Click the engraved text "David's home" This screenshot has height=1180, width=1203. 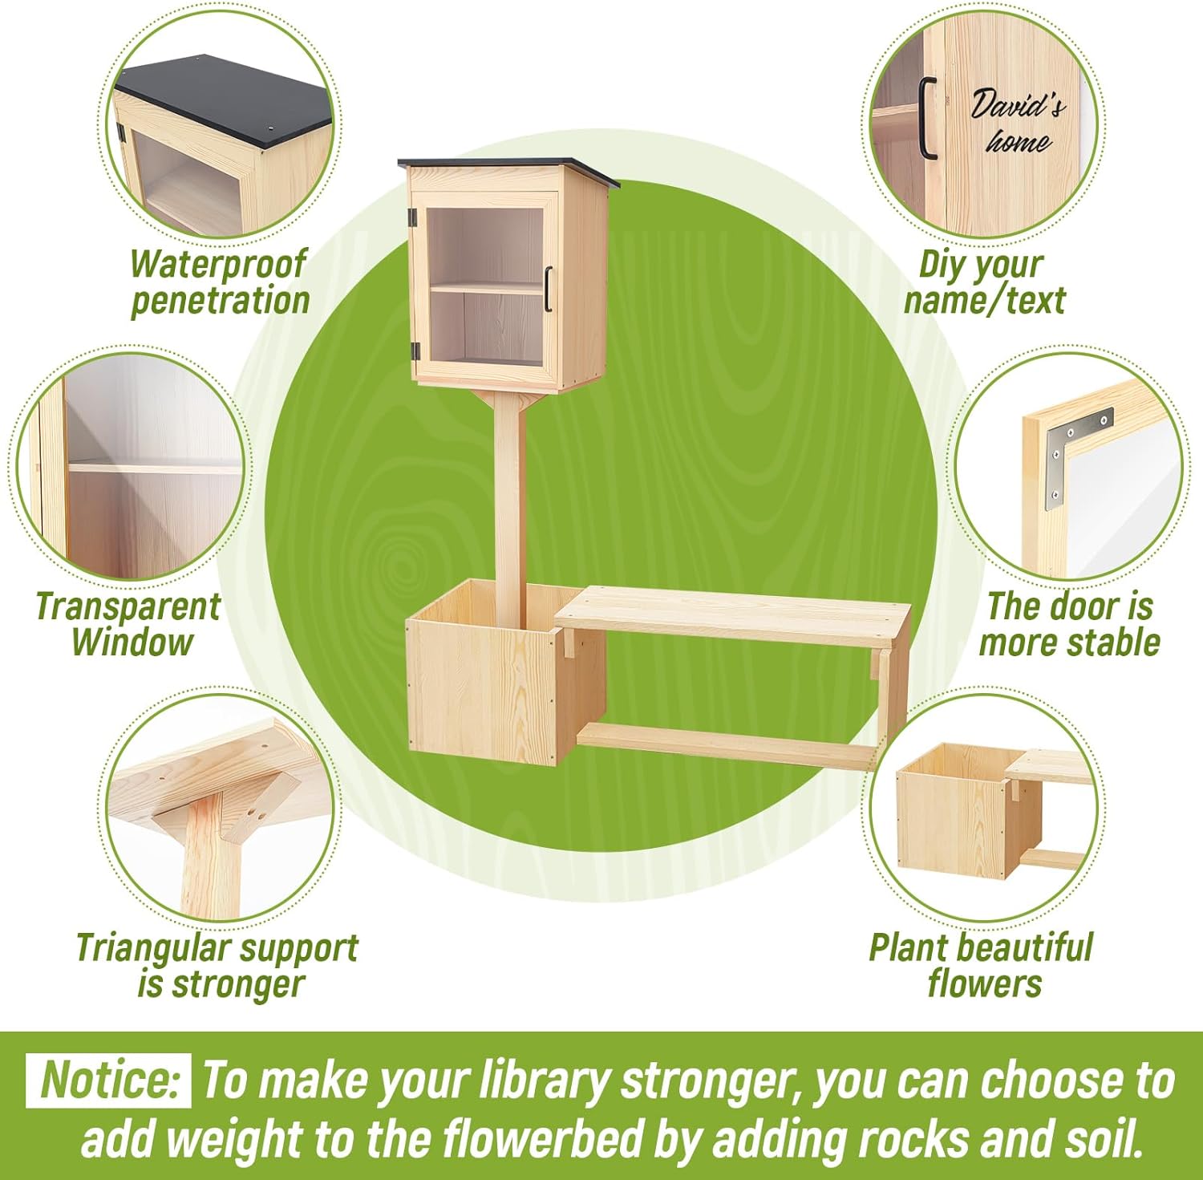point(1017,123)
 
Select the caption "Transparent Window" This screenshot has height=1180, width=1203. point(128,624)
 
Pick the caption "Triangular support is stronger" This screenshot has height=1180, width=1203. point(217,966)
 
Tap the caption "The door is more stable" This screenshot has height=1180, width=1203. point(1069,624)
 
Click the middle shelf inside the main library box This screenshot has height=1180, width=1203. point(488,287)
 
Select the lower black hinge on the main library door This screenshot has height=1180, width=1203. point(415,351)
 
